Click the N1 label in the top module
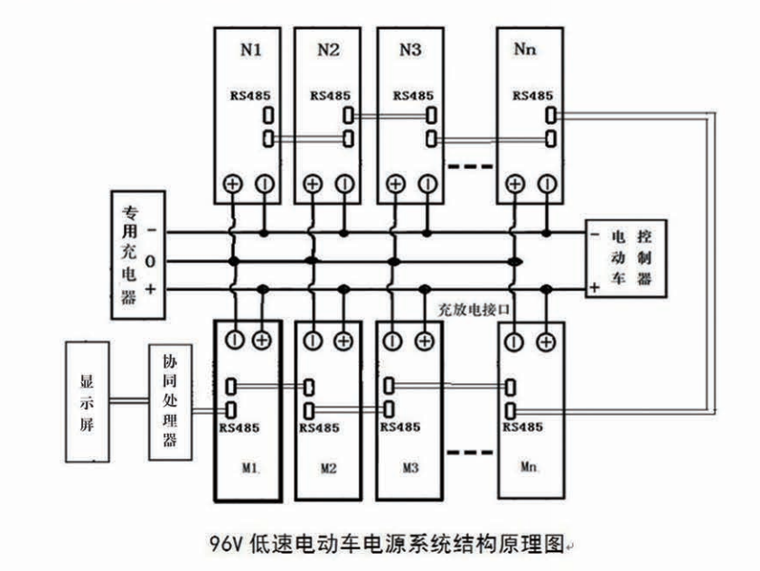(x=250, y=51)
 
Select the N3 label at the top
(x=409, y=51)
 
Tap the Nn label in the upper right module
(x=525, y=51)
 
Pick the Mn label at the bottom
(x=530, y=469)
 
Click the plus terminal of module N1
(x=232, y=184)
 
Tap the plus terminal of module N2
(x=314, y=184)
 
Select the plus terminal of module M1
(x=263, y=341)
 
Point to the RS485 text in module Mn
(x=523, y=426)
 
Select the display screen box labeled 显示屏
(x=88, y=401)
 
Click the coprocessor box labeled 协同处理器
(x=170, y=402)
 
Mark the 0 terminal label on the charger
(x=150, y=261)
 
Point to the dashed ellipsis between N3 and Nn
(x=470, y=168)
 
